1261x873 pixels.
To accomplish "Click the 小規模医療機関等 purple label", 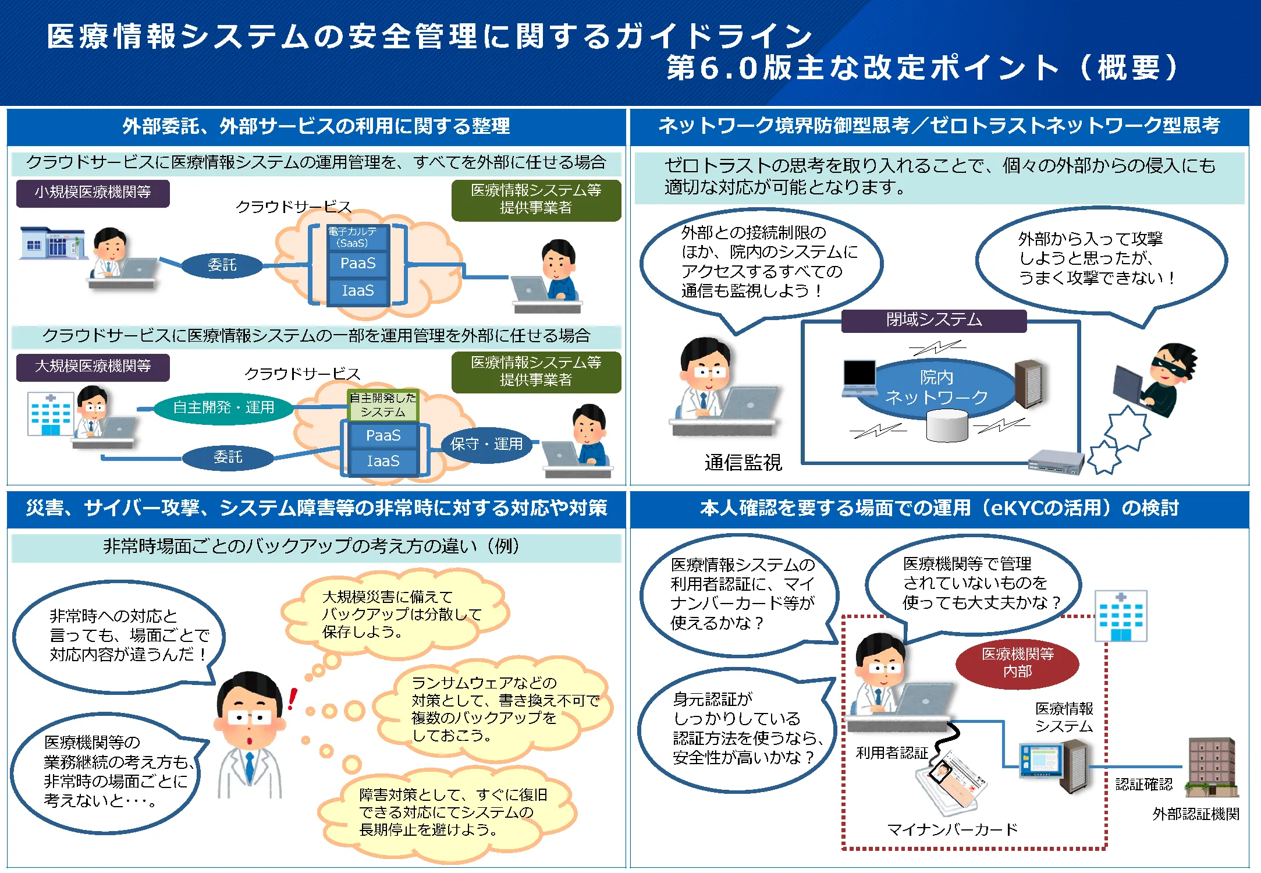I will (93, 193).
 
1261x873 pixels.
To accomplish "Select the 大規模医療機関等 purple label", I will (93, 367).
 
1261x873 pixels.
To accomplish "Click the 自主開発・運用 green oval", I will (223, 407).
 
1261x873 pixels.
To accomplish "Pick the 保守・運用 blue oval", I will (486, 445).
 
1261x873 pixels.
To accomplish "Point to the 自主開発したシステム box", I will (383, 405).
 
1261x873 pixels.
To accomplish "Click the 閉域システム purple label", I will (933, 320).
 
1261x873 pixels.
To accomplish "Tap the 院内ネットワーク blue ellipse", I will (936, 388).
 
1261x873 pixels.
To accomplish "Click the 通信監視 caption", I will (743, 463).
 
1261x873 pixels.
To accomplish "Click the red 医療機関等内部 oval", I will (1017, 663).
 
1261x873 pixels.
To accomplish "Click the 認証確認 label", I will (1143, 785).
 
